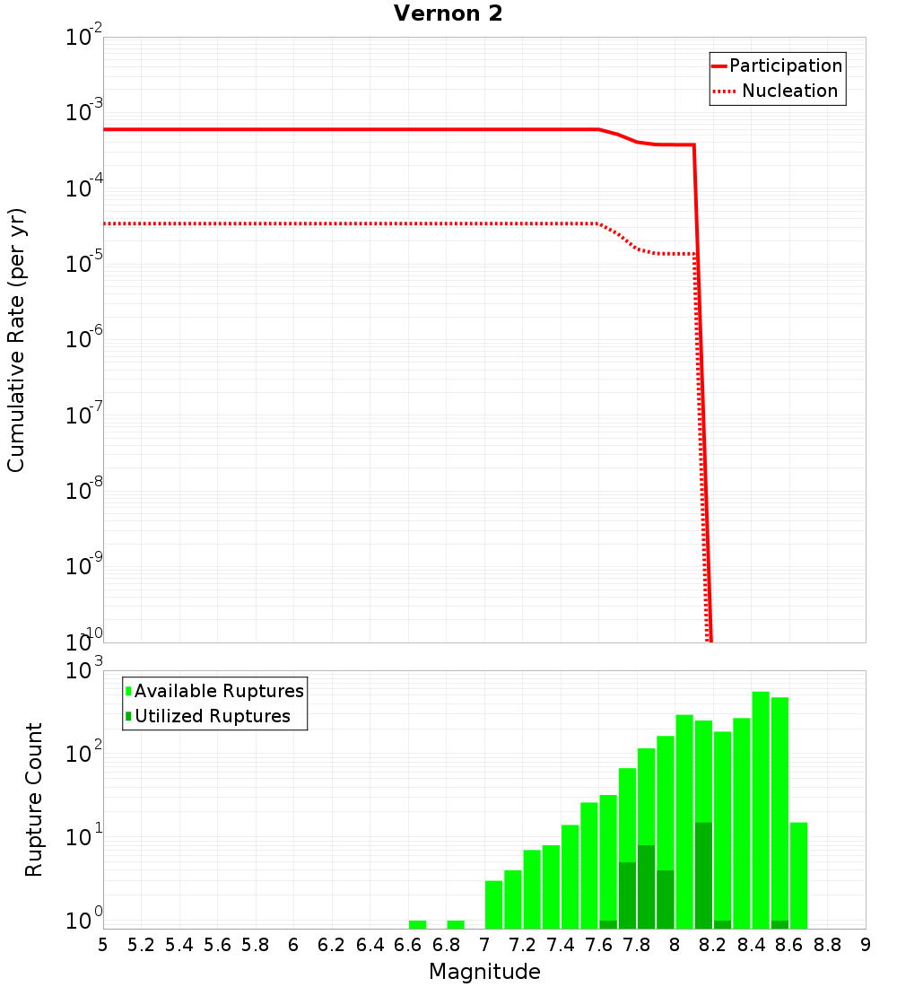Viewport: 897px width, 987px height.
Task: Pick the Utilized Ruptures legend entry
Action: [x=212, y=717]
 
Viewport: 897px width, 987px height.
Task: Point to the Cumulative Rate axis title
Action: [x=17, y=340]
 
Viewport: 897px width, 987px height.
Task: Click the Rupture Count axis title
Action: [x=34, y=799]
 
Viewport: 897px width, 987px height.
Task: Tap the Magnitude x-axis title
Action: [x=484, y=972]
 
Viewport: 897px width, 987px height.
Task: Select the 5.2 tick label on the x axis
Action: [x=142, y=945]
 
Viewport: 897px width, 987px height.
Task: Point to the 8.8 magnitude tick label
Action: [x=828, y=945]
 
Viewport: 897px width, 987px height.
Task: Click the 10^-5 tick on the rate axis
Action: [x=83, y=264]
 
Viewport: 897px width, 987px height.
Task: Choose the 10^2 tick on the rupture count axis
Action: [x=83, y=754]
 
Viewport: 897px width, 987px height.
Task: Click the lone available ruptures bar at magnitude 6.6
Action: [x=417, y=924]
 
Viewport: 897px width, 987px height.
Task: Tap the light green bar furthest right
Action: [x=798, y=875]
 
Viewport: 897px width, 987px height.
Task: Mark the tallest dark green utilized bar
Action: [x=703, y=875]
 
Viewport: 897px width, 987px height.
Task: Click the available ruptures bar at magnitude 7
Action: [x=493, y=904]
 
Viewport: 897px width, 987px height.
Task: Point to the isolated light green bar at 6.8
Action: [x=456, y=924]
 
